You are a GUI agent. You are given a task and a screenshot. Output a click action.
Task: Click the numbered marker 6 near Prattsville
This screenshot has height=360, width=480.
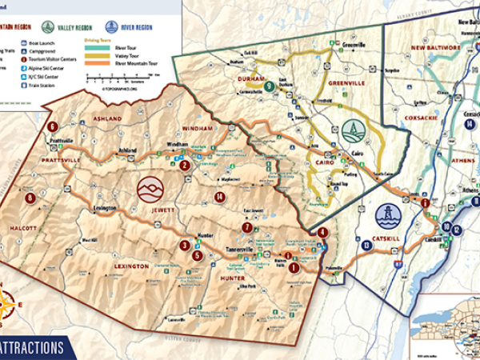[x=53, y=126]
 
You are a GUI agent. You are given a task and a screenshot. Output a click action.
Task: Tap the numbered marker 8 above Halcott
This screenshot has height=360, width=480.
[x=30, y=198]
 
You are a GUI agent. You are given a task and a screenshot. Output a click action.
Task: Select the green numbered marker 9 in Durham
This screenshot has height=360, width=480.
[x=269, y=86]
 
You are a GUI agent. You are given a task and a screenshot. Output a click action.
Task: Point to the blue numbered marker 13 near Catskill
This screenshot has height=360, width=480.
[x=365, y=246]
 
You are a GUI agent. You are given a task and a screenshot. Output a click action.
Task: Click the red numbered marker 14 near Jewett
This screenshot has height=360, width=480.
[x=218, y=197]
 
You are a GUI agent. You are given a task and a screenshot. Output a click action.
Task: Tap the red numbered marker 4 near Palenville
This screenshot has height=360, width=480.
[x=322, y=233]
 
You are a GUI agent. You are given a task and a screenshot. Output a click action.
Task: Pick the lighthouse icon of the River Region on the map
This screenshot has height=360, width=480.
[x=387, y=217]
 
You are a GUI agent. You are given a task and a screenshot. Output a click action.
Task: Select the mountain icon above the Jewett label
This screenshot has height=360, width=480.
[x=149, y=190]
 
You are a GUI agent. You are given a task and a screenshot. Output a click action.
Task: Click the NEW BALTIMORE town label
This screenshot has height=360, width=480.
[x=435, y=48]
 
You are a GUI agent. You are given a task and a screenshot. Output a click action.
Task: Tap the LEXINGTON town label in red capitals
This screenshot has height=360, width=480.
[x=125, y=266]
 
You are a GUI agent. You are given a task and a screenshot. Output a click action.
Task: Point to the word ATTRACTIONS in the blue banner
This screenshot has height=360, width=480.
[x=32, y=348]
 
